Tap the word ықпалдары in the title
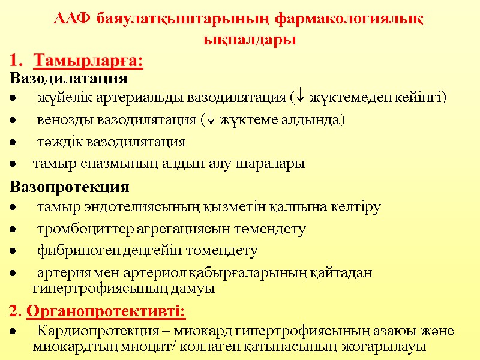[248, 40]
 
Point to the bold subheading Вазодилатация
[68, 79]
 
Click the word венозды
[61, 120]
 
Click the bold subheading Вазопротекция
[70, 187]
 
